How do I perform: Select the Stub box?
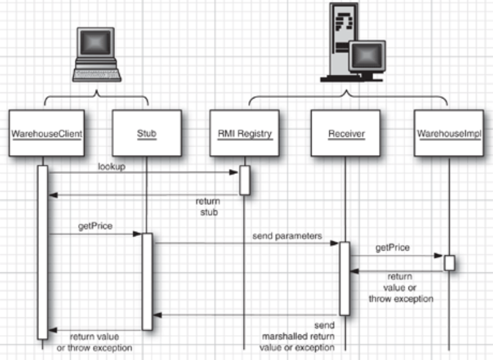click(x=147, y=132)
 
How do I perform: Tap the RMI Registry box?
click(x=244, y=132)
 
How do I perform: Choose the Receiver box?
click(x=344, y=132)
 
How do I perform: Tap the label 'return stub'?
click(x=209, y=207)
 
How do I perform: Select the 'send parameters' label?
click(x=286, y=235)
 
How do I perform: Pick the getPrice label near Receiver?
click(x=393, y=247)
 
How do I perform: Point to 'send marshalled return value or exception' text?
click(x=298, y=336)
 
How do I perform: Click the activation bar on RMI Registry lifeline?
click(x=244, y=180)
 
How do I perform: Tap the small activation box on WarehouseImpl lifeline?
click(x=449, y=263)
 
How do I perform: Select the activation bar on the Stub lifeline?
click(x=147, y=281)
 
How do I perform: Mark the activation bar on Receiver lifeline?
click(x=344, y=278)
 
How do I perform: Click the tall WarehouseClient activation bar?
click(x=42, y=252)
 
